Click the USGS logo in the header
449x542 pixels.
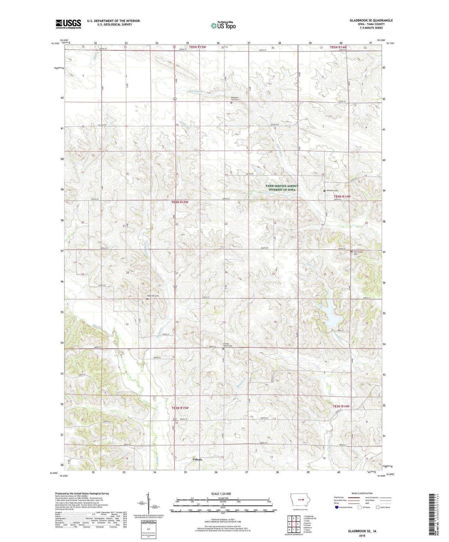[68, 24]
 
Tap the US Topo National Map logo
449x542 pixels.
[223, 25]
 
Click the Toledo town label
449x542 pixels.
[197, 459]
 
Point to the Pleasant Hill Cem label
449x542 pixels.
[235, 98]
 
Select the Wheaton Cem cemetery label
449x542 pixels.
[332, 191]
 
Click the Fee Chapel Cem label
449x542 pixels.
[358, 253]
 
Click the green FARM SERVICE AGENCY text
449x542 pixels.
[282, 186]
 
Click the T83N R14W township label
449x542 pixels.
[341, 406]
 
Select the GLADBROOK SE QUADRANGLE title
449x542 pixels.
[371, 20]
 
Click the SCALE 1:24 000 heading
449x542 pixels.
[221, 494]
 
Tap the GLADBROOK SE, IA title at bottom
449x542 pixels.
[362, 531]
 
